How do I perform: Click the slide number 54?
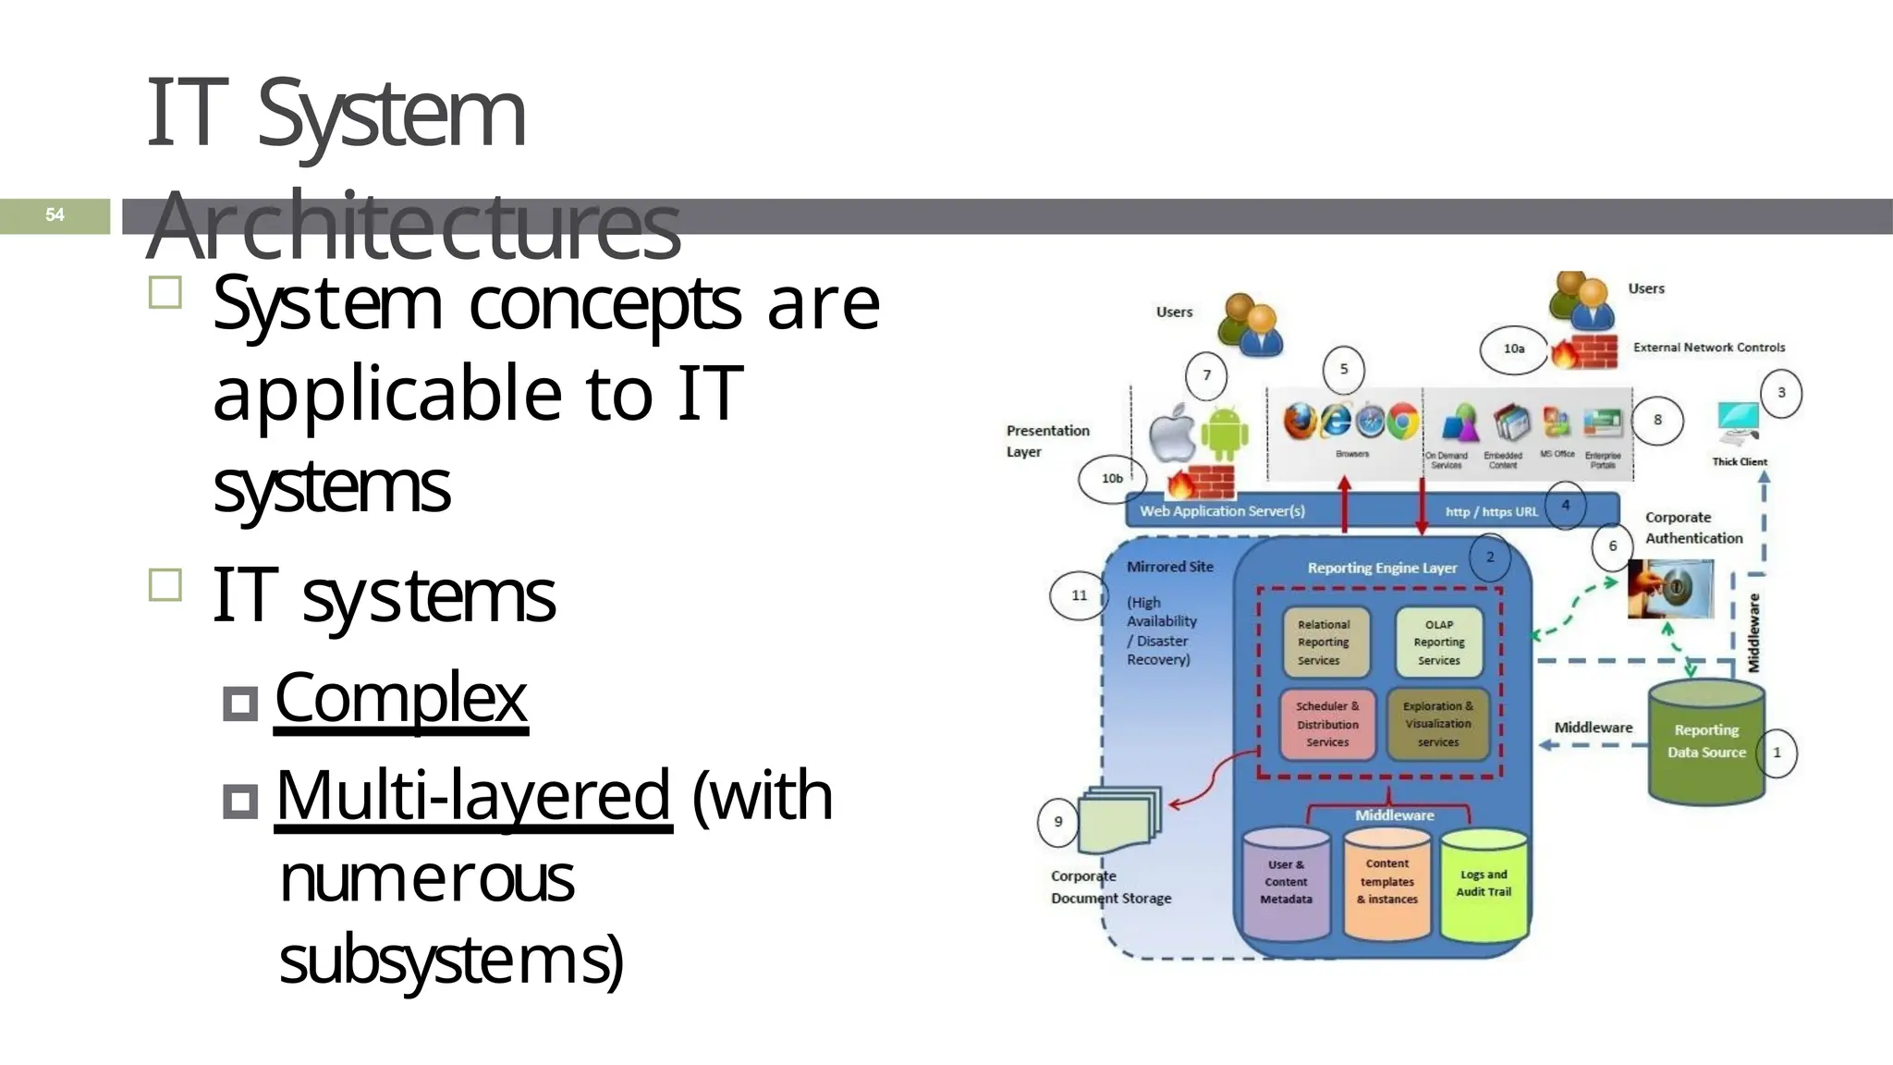tap(55, 215)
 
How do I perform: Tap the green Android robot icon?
tap(1225, 433)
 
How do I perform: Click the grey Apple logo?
tap(1172, 433)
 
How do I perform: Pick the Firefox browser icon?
tap(1301, 422)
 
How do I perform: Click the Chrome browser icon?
tap(1401, 422)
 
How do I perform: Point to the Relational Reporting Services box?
tap(1324, 643)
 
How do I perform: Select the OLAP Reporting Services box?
tap(1438, 643)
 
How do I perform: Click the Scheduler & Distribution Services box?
tap(1327, 724)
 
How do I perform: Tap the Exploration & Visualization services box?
tap(1437, 724)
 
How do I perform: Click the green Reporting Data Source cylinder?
tap(1706, 742)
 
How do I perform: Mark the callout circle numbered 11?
tap(1079, 595)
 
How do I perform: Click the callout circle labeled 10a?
tap(1513, 349)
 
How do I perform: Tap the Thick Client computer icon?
tap(1739, 422)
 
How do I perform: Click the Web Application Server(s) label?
tap(1222, 511)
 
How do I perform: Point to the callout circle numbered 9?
tap(1058, 821)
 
